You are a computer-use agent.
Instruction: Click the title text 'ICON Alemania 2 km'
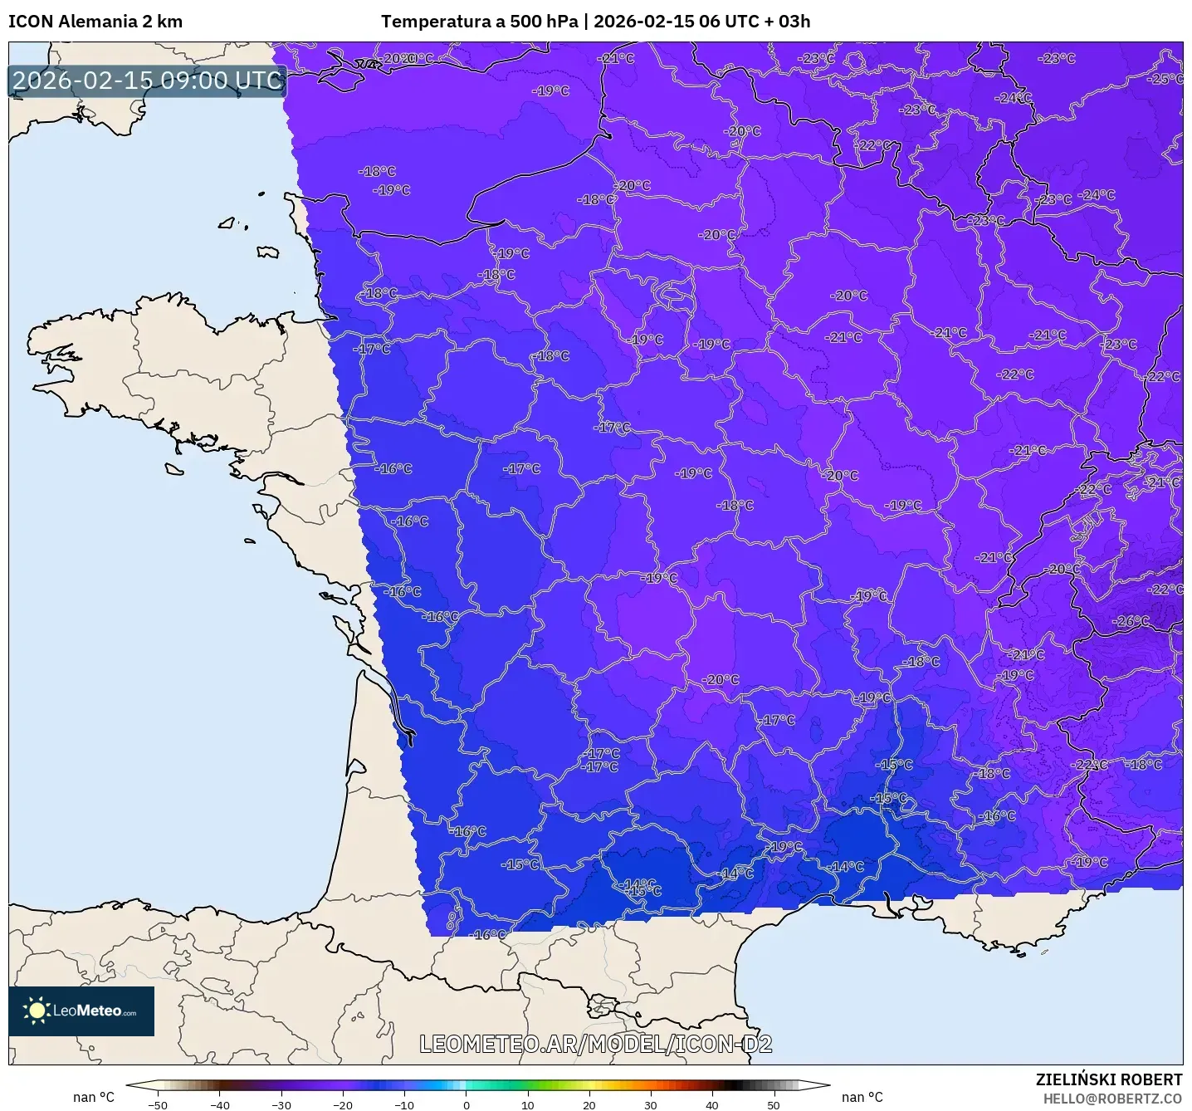[95, 22]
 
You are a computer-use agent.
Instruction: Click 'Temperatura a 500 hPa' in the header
[479, 22]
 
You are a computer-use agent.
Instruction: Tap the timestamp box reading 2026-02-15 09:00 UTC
[147, 81]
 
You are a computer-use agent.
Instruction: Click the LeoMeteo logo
[81, 1011]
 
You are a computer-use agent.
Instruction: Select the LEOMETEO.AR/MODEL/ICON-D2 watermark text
[595, 1044]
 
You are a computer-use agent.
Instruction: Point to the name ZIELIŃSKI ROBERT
[1108, 1079]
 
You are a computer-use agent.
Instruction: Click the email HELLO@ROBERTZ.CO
[1112, 1099]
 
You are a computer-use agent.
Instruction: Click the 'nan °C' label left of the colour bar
[94, 1097]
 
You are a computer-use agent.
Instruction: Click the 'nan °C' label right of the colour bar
[862, 1097]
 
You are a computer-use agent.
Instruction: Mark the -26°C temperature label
[1131, 621]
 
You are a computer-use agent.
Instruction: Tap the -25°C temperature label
[1165, 79]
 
